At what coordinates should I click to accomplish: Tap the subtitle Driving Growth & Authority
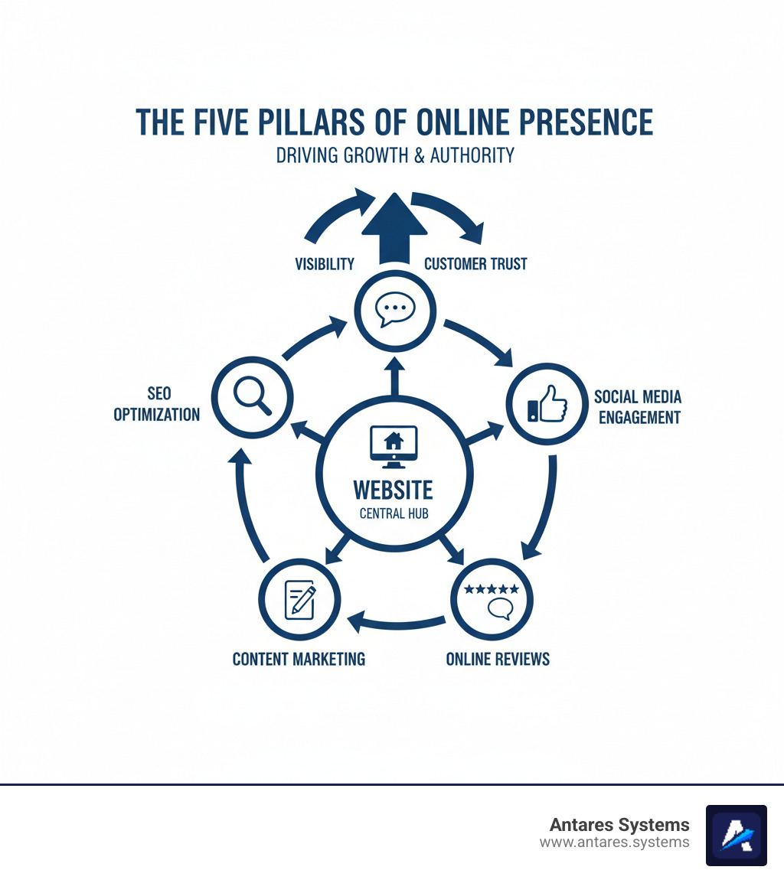[x=395, y=155]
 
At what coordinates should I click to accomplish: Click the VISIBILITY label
[x=325, y=264]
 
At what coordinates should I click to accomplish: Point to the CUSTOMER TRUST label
[x=475, y=264]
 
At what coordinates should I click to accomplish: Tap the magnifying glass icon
[x=253, y=396]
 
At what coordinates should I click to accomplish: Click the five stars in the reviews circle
[x=492, y=589]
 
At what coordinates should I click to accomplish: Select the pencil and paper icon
[x=300, y=599]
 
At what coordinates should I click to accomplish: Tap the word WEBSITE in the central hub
[x=394, y=490]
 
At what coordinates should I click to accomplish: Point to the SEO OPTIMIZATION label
[x=157, y=404]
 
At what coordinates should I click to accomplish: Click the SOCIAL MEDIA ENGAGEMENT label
[x=638, y=407]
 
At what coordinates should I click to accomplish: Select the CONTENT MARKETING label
[x=299, y=659]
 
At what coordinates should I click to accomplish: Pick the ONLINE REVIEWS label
[x=498, y=659]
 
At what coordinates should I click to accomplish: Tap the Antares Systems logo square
[x=736, y=835]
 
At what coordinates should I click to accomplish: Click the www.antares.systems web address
[x=614, y=842]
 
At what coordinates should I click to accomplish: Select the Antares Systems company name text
[x=619, y=825]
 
